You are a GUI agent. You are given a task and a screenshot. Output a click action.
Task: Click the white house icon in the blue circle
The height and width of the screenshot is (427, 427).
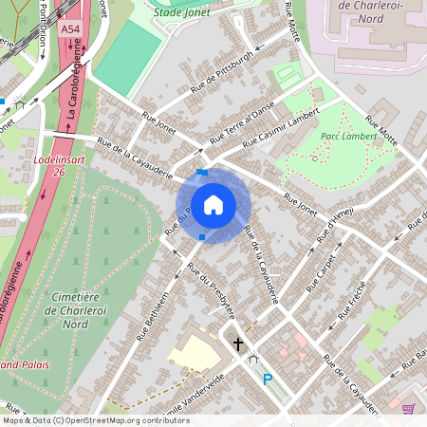(213, 204)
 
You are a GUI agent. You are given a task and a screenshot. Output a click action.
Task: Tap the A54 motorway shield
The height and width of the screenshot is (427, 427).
(69, 30)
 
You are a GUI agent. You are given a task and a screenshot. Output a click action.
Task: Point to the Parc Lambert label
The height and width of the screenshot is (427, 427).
(344, 136)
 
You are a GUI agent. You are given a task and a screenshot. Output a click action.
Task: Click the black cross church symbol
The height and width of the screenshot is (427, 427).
(237, 344)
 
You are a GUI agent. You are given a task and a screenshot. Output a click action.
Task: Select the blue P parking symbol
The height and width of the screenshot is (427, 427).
(267, 380)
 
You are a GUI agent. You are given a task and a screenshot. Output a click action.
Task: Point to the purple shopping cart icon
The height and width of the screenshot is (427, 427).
(408, 408)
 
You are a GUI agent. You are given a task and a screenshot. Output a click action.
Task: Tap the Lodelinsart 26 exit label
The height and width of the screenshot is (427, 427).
(47, 167)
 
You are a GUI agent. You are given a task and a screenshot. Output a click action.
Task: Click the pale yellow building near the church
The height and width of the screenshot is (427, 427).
(197, 351)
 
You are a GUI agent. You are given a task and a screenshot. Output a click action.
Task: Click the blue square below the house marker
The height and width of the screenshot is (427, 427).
(201, 236)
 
